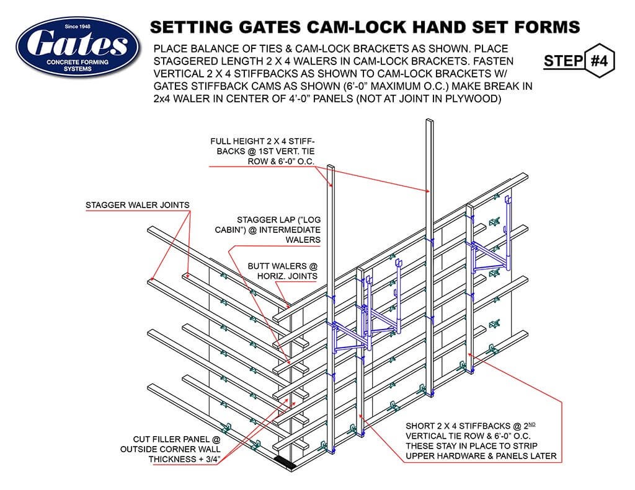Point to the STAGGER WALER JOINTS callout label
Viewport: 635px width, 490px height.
click(x=138, y=205)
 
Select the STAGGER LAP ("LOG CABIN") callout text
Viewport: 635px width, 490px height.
click(x=278, y=229)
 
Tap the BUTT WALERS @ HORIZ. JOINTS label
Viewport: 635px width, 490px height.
click(x=282, y=271)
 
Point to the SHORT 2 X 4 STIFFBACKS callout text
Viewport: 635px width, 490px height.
click(x=481, y=441)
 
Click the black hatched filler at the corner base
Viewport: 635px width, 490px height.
click(x=286, y=462)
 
